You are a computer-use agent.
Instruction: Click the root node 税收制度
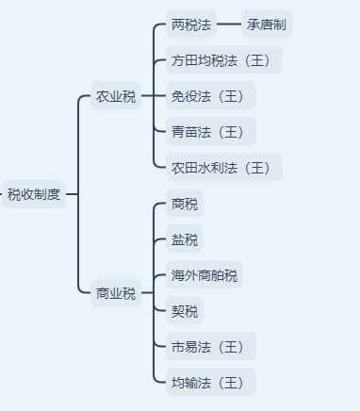(34, 194)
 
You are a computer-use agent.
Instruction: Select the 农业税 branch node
(115, 97)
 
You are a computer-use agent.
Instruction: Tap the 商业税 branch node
(115, 293)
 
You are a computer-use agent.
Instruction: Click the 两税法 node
(190, 25)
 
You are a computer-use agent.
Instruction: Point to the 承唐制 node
(267, 25)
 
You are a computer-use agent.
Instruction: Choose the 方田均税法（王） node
(223, 60)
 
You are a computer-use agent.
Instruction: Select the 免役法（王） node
(210, 96)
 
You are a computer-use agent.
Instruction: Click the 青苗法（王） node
(210, 132)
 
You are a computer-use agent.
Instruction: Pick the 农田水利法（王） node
(223, 168)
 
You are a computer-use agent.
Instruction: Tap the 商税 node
(184, 204)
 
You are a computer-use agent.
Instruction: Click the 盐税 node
(184, 239)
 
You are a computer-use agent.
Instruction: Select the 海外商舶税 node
(204, 275)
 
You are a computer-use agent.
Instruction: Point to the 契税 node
(184, 311)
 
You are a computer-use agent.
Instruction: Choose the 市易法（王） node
(210, 347)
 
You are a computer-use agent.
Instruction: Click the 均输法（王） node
(210, 383)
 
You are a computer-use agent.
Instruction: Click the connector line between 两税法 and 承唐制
(229, 25)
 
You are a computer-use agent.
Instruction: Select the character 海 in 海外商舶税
(177, 275)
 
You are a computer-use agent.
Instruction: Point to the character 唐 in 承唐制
(267, 25)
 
